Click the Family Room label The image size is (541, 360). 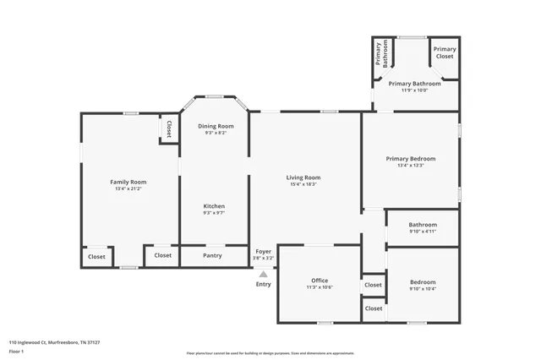[128, 182]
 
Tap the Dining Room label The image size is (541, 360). [216, 126]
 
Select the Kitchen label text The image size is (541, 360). [214, 206]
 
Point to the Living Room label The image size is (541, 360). [303, 177]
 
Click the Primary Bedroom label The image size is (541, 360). [411, 159]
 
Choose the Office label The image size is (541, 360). [320, 281]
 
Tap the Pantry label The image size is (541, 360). [213, 254]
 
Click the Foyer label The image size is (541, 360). [263, 251]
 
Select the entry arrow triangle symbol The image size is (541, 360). [263, 274]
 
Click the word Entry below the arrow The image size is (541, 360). [264, 284]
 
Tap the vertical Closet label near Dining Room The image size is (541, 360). [169, 129]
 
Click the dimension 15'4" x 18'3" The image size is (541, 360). [303, 184]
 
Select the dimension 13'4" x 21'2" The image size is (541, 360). [128, 189]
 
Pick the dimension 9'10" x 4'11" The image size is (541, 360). [422, 232]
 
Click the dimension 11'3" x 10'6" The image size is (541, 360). [320, 288]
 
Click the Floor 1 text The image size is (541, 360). [16, 350]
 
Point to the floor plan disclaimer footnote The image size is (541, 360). [270, 353]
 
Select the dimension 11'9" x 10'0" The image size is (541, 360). [414, 91]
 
